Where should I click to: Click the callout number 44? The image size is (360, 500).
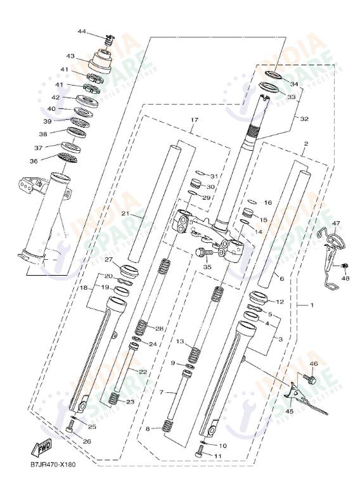82,32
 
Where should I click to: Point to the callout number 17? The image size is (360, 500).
194,120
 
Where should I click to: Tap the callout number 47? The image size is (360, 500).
336,224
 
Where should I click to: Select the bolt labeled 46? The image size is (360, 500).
311,379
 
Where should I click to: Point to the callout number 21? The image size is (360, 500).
125,214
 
